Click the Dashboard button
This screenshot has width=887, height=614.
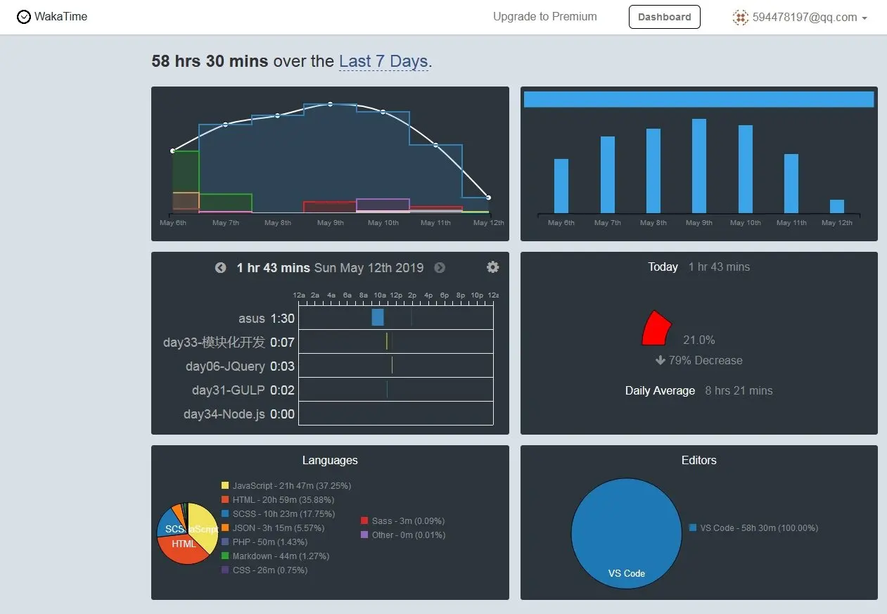pos(664,17)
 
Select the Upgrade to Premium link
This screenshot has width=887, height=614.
pos(544,17)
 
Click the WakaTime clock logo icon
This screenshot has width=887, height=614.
pos(24,17)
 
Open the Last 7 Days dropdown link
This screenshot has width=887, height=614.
pos(383,62)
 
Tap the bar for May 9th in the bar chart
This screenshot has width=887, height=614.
pos(698,166)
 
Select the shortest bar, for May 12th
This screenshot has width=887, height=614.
pos(836,206)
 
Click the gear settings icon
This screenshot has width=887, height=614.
pos(492,267)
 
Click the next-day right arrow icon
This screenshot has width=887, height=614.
pos(440,268)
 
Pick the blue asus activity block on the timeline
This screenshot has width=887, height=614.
pos(378,317)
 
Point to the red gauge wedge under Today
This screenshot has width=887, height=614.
pos(657,329)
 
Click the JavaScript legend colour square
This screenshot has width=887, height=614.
pos(225,486)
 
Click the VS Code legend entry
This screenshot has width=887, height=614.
pos(753,528)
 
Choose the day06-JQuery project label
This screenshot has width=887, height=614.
pos(225,366)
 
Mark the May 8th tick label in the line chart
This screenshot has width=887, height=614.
pos(278,223)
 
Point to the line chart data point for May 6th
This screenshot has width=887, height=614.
pos(173,151)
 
